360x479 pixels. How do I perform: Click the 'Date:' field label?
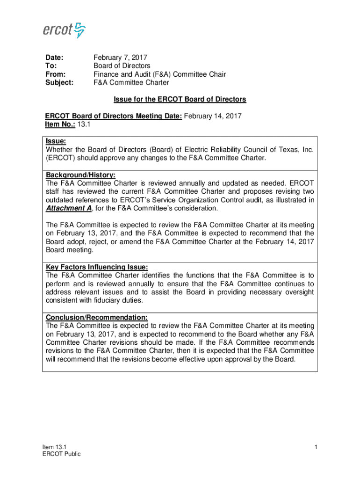click(54, 58)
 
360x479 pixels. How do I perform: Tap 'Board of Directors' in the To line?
click(122, 66)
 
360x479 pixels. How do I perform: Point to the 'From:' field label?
click(55, 74)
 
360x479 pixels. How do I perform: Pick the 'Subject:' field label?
click(59, 83)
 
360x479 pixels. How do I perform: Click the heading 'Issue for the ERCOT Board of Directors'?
click(180, 100)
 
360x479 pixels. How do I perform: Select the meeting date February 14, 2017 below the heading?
click(214, 116)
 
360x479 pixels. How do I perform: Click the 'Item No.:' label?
click(57, 124)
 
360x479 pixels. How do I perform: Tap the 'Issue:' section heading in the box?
click(56, 141)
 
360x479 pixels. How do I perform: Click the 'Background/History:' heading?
click(80, 174)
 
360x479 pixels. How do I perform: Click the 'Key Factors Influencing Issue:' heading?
click(97, 267)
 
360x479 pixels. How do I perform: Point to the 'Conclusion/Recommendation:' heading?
click(97, 317)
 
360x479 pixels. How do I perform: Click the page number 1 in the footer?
click(316, 448)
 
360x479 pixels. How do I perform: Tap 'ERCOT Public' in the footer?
click(61, 454)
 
